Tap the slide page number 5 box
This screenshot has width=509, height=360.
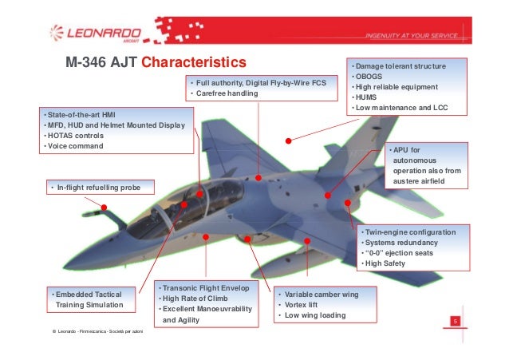coord(455,322)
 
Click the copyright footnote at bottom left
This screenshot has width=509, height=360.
coord(96,330)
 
